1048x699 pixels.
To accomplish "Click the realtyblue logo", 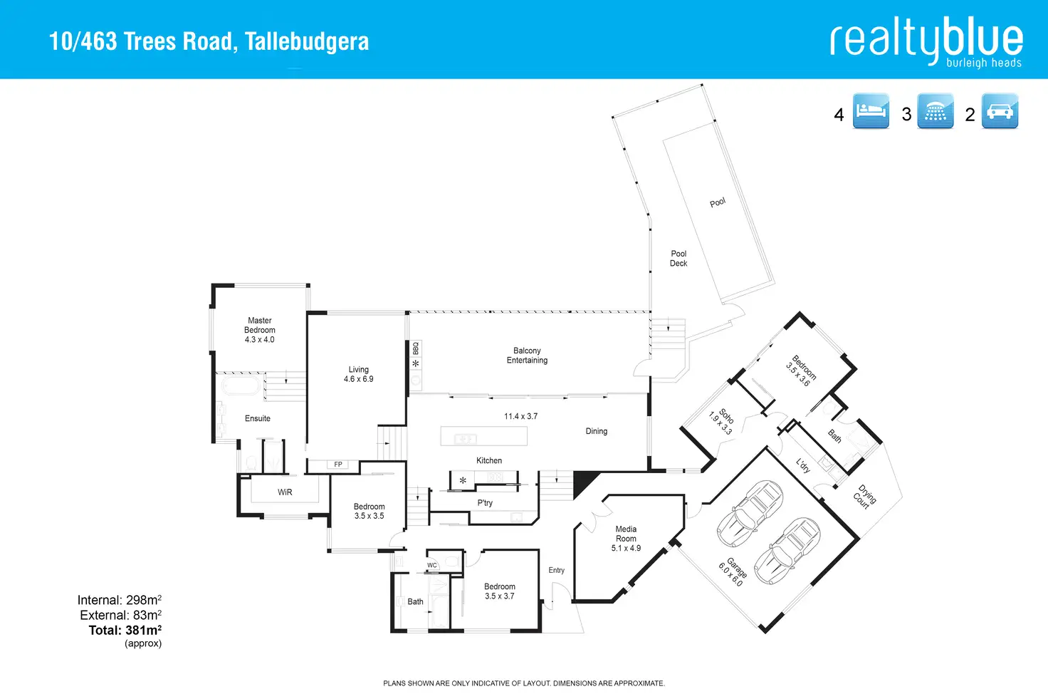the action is [926, 41].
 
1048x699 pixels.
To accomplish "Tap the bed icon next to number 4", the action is [871, 111].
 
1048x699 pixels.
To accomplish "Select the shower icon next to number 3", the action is [936, 111].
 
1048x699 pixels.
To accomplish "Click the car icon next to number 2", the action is [1000, 111].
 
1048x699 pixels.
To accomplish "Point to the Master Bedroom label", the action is [260, 326].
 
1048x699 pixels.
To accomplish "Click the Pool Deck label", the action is [678, 259].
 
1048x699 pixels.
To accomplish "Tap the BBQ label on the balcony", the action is [416, 348].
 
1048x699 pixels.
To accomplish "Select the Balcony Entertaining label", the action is [527, 356].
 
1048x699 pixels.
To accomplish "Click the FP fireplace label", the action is [338, 465].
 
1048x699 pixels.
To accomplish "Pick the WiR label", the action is [285, 492].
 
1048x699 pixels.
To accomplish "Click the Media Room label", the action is [626, 534].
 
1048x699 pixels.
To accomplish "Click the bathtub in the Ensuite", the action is [240, 388].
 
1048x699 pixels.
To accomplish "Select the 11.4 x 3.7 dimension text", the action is [520, 416].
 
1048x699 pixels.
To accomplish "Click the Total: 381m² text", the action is [125, 630].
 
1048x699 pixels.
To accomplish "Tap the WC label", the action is [432, 565].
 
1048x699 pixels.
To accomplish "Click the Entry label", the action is [556, 570].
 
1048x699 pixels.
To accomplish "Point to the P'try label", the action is [485, 503].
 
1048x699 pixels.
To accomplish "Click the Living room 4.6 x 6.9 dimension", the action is [359, 379].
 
